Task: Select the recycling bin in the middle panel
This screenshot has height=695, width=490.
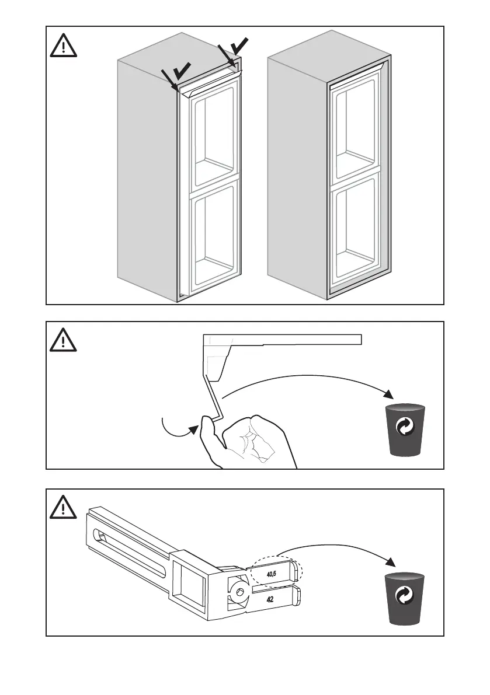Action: (404, 429)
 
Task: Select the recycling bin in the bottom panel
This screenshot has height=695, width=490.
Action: (404, 599)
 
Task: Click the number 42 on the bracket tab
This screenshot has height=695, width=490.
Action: (271, 599)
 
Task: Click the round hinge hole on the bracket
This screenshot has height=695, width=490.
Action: (238, 592)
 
